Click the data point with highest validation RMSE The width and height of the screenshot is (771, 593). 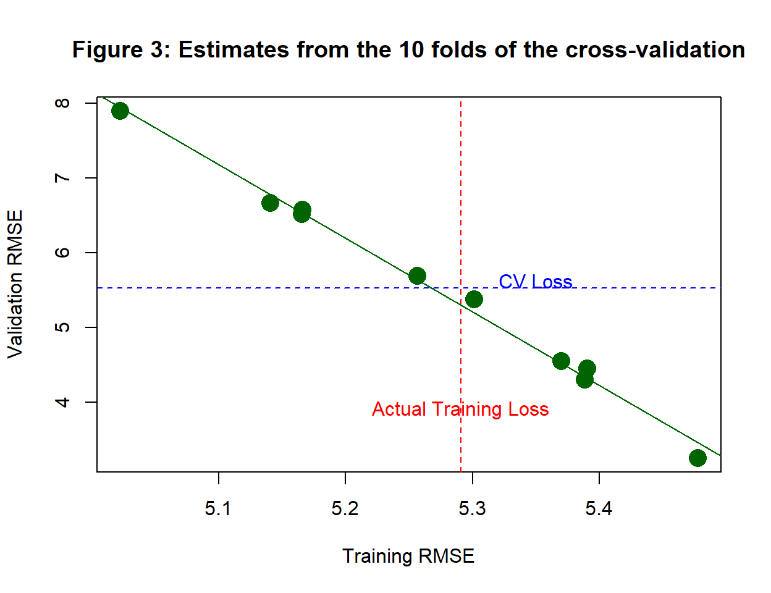[120, 111]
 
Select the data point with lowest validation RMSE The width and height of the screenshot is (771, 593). [697, 458]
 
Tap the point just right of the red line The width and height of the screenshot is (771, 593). [474, 300]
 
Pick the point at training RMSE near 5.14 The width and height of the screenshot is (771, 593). [270, 203]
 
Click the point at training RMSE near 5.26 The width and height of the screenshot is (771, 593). [417, 275]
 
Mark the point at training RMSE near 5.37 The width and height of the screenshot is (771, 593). [561, 361]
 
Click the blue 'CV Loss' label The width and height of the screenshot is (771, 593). [535, 282]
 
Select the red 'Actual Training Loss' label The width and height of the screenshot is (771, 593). [460, 410]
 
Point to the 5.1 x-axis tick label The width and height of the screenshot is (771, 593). [218, 508]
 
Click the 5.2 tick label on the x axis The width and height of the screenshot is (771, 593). [345, 508]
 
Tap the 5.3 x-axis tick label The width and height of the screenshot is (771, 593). [472, 508]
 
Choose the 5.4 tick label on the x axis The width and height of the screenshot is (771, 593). [599, 508]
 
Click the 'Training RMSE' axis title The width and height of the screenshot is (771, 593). [408, 556]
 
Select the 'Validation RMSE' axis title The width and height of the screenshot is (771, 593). [15, 284]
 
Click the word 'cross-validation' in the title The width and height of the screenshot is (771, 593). [655, 49]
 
